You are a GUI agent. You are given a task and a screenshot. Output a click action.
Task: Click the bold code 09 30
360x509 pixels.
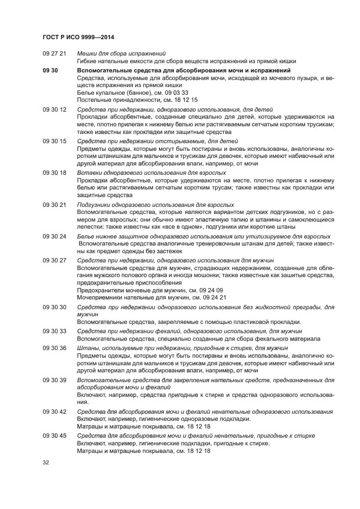[x=50, y=71]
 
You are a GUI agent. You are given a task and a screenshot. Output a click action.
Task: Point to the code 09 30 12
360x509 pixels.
[x=54, y=109]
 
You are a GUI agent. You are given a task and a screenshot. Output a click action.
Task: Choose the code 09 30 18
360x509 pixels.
[x=54, y=173]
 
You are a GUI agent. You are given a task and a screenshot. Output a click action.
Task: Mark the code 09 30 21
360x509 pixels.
[x=54, y=204]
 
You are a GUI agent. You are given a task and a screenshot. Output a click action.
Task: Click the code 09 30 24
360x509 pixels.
[x=54, y=236]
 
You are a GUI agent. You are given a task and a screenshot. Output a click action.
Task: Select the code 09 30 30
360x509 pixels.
[x=54, y=307]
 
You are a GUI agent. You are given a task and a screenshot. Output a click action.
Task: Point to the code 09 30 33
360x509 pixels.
[x=54, y=331]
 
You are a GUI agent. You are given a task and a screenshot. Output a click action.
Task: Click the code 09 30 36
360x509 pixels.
[x=54, y=347]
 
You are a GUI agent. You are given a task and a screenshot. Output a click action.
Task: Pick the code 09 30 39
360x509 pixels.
[x=54, y=379]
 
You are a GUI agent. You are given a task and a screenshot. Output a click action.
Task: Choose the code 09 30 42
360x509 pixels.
[x=54, y=411]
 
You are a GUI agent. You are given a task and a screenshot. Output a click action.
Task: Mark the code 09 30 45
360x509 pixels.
[x=54, y=436]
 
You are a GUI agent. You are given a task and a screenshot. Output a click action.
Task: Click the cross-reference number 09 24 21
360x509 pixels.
[x=213, y=298]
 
